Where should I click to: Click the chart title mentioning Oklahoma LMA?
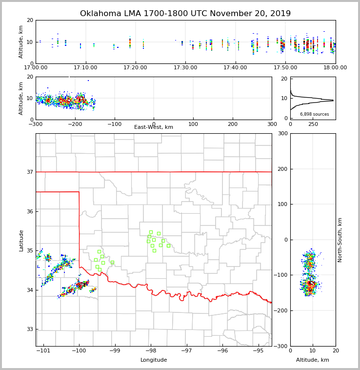pyautogui.click(x=185, y=14)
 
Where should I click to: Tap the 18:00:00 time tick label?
pyautogui.click(x=335, y=68)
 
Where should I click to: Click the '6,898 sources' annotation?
pyautogui.click(x=314, y=114)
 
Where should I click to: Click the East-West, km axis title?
pyautogui.click(x=154, y=127)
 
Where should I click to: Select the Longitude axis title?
pyautogui.click(x=154, y=360)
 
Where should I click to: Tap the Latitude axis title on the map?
pyautogui.click(x=21, y=240)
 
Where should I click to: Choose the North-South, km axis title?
pyautogui.click(x=340, y=240)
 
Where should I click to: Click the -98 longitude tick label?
pyautogui.click(x=150, y=350)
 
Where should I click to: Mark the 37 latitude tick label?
pyautogui.click(x=30, y=172)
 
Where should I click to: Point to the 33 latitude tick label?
pyautogui.click(x=30, y=329)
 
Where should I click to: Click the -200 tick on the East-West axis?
pyautogui.click(x=75, y=124)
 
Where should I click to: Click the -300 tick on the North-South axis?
pyautogui.click(x=280, y=346)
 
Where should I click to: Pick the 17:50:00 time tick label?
pyautogui.click(x=285, y=68)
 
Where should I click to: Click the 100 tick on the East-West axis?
pyautogui.click(x=193, y=124)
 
